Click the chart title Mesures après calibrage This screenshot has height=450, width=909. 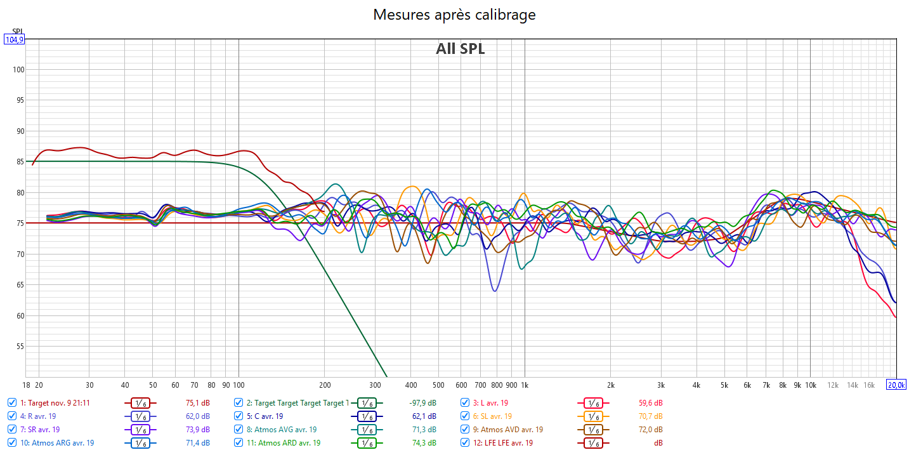tap(454, 15)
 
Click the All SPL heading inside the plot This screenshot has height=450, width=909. tap(460, 49)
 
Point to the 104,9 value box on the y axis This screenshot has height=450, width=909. tap(14, 39)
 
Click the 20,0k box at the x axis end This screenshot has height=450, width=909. tap(896, 385)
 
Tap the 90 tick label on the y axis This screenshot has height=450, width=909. tap(19, 131)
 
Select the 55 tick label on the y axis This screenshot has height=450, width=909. tap(19, 347)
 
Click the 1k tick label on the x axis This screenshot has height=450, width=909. tap(525, 385)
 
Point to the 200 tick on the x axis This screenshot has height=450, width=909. tap(324, 385)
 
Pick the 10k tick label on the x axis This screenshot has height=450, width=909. tap(810, 385)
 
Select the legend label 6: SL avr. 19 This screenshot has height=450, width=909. tap(492, 416)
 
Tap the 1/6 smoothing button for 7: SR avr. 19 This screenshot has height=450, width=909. tap(141, 430)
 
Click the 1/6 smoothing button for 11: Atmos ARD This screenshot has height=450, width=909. tap(366, 443)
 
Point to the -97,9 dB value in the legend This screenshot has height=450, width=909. tap(424, 403)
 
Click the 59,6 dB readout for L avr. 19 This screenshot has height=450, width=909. tap(650, 403)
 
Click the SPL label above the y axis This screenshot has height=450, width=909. tap(17, 31)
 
